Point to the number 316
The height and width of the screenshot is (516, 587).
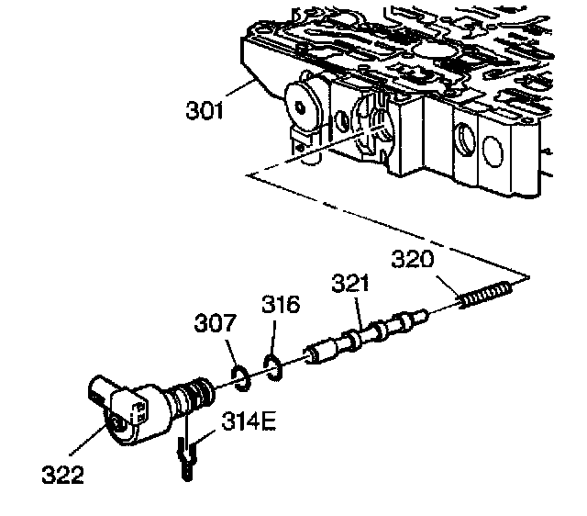(x=280, y=304)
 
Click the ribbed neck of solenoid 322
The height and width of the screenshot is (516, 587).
(x=192, y=398)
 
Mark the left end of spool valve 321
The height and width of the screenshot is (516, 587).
(x=312, y=353)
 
